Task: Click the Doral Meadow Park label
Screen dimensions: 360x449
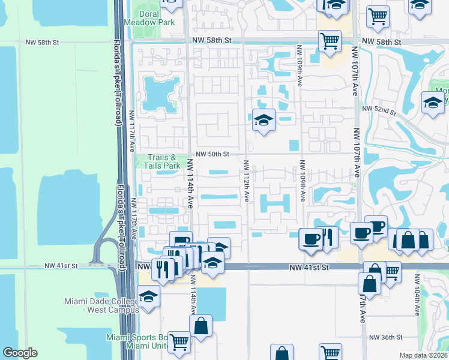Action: coord(149,17)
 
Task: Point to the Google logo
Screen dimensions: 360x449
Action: coord(20,353)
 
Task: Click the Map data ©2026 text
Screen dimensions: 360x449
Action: coord(423,355)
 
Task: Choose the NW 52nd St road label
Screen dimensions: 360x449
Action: coord(380,110)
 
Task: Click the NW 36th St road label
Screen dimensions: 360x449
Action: coord(386,338)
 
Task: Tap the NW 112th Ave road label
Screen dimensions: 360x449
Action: coord(247,180)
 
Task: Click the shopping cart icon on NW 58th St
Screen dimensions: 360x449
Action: coord(330,41)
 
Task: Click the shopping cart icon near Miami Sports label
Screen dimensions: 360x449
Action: coord(179,342)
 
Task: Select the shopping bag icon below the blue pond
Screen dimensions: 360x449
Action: coord(201,326)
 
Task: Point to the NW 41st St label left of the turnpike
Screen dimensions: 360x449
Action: coord(62,265)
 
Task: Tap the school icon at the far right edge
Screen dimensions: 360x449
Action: coord(433,102)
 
